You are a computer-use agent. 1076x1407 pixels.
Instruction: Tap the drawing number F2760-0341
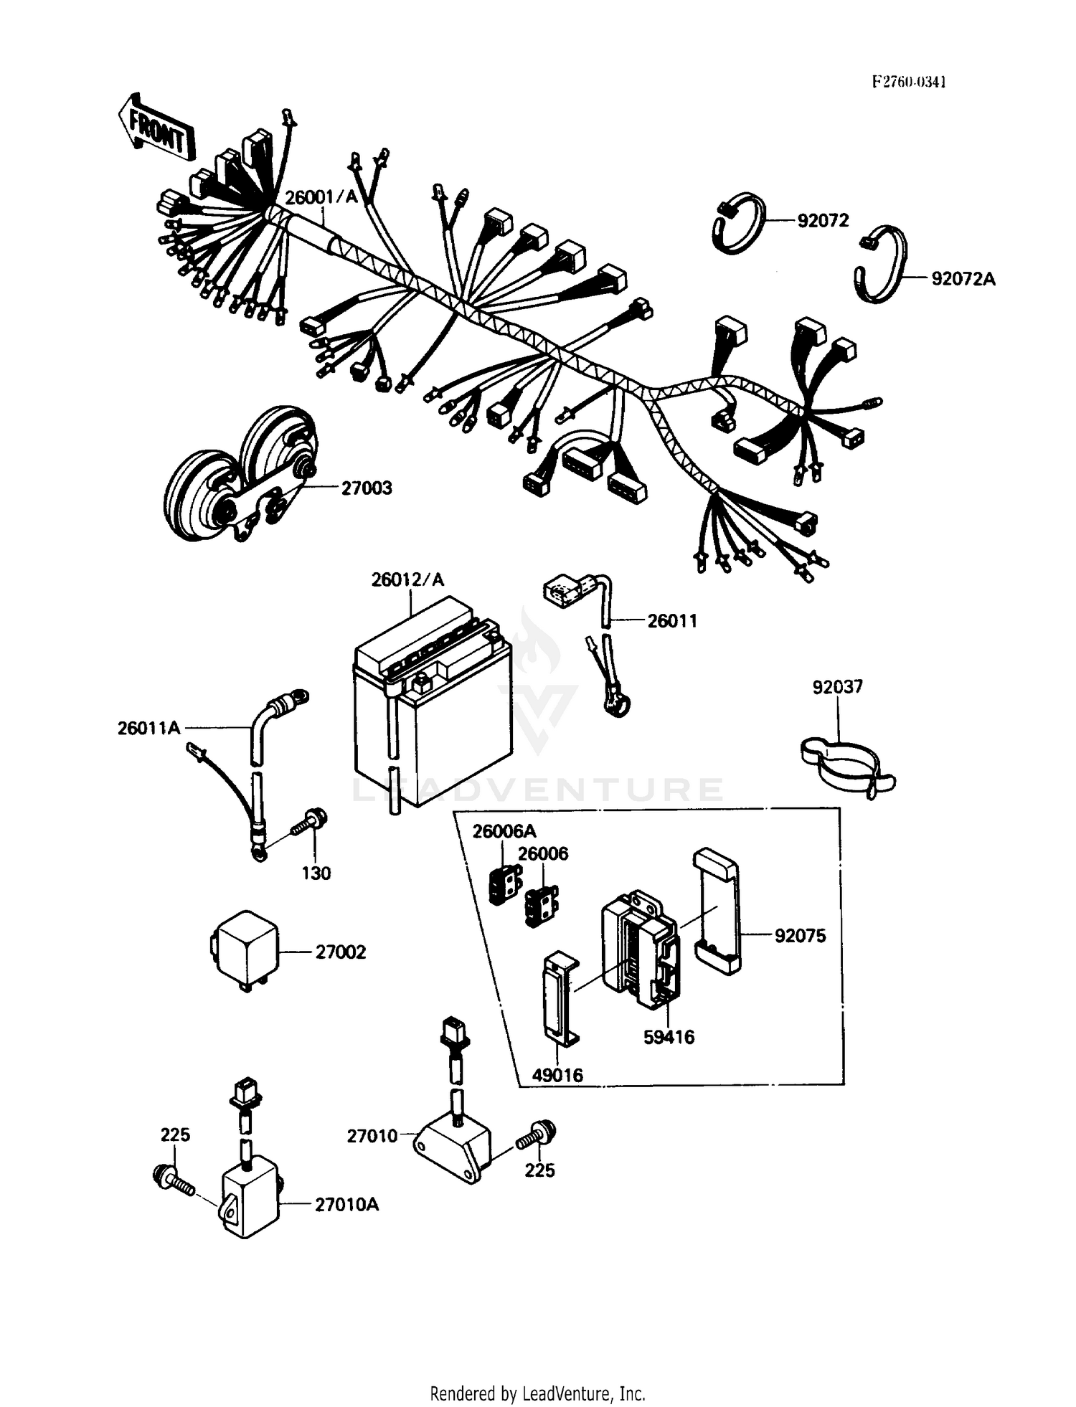pyautogui.click(x=908, y=82)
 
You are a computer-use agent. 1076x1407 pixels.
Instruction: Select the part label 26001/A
pyautogui.click(x=321, y=197)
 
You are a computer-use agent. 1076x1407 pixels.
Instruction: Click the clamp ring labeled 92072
pyautogui.click(x=739, y=223)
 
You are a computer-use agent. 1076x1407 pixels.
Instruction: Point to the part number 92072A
pyautogui.click(x=963, y=279)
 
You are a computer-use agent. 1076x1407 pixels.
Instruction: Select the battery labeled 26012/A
pyautogui.click(x=433, y=706)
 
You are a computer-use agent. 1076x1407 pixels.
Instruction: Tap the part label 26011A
pyautogui.click(x=148, y=729)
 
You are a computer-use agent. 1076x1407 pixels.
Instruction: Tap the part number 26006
pyautogui.click(x=543, y=853)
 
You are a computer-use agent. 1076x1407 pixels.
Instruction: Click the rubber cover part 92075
pyautogui.click(x=717, y=911)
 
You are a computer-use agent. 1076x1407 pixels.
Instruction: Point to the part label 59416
pyautogui.click(x=669, y=1037)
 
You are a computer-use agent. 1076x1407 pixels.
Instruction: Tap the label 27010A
pyautogui.click(x=346, y=1204)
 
